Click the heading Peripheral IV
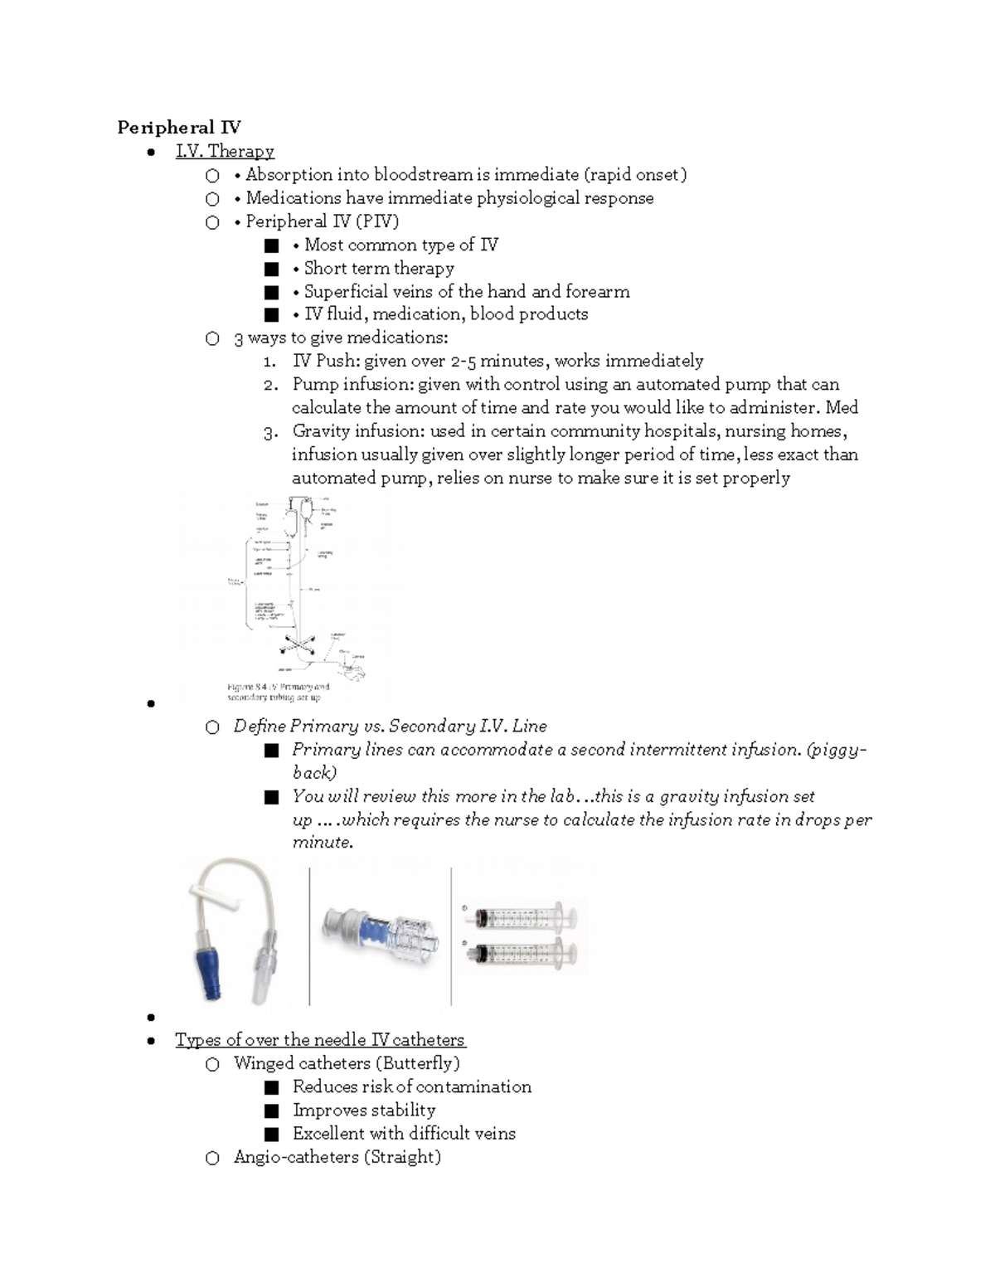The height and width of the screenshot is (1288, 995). click(179, 127)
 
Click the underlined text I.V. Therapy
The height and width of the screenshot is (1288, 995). click(225, 151)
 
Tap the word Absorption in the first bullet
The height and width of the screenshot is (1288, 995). click(286, 174)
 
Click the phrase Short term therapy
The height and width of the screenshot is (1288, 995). click(379, 268)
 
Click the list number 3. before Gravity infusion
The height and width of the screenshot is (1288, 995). click(269, 432)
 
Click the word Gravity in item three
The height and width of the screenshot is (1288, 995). click(321, 431)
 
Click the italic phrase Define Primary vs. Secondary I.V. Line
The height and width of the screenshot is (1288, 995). click(390, 727)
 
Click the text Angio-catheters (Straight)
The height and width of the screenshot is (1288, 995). click(337, 1157)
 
